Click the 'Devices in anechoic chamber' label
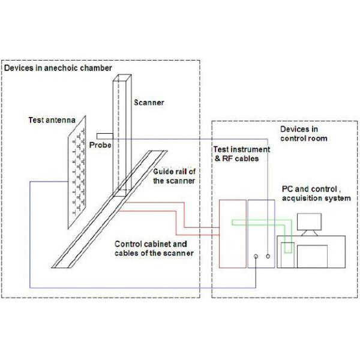click(58, 68)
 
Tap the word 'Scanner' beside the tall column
click(149, 103)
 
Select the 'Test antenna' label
click(52, 120)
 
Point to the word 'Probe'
click(100, 145)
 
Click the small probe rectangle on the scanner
click(104, 136)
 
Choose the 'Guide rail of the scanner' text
click(174, 176)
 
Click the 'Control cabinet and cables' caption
click(154, 248)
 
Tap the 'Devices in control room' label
click(304, 134)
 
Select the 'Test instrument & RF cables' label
click(242, 154)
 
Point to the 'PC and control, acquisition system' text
click(316, 194)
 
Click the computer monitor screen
click(309, 222)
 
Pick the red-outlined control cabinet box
click(233, 234)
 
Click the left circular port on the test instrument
click(256, 256)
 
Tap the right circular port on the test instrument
click(268, 256)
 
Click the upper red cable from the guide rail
click(184, 215)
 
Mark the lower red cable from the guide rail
click(176, 223)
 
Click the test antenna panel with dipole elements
click(77, 172)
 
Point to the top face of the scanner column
click(122, 77)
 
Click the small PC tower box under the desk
click(287, 255)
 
